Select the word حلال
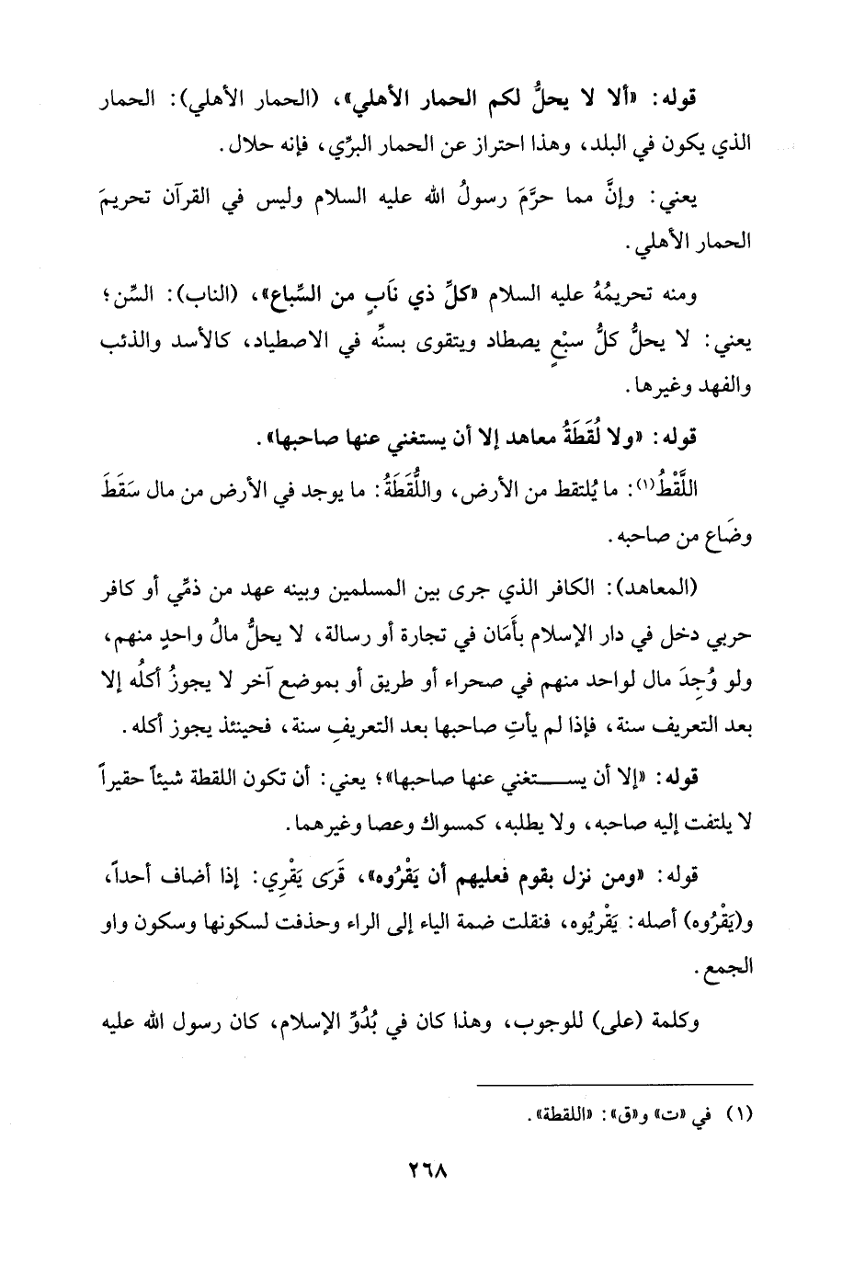point(238,144)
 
